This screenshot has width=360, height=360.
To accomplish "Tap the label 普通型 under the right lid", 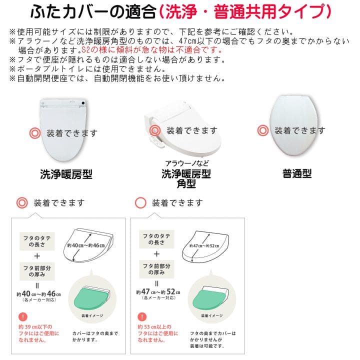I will pos(297,174).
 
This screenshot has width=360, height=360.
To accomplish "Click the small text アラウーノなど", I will pos(186,163).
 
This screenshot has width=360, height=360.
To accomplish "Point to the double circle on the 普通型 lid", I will pos(262,131).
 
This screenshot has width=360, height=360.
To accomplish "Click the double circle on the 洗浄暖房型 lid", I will pos(35,133).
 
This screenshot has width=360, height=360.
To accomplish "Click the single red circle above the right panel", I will pos(141,203).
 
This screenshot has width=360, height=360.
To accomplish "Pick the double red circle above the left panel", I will pos(22,203).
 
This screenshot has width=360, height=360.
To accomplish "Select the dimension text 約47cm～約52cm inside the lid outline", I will pos(205,246).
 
